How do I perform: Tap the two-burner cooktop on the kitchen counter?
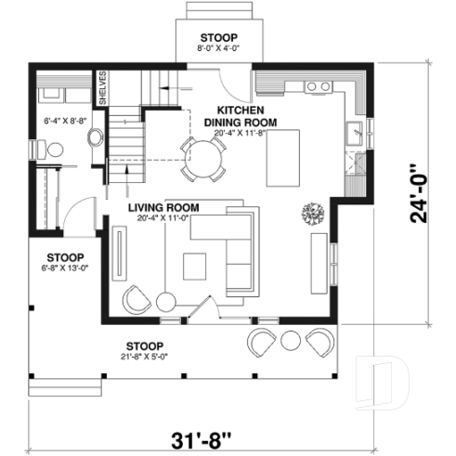tap(318, 86)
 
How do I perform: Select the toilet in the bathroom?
tap(54, 149)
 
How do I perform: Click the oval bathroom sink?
tap(95, 138)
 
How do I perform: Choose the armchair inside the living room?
tap(137, 299)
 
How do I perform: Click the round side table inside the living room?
tap(166, 302)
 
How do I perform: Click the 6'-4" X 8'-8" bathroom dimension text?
tap(65, 121)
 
